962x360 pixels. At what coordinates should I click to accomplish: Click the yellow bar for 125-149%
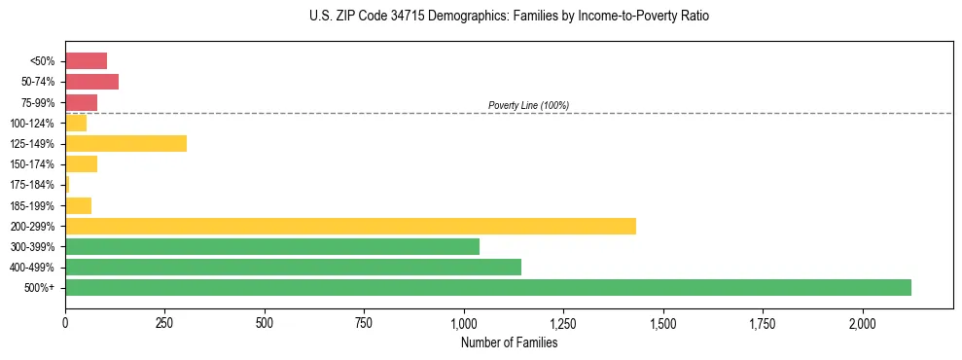coord(125,143)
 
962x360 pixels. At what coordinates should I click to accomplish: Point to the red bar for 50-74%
coord(91,82)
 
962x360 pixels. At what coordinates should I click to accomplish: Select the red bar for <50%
coord(86,60)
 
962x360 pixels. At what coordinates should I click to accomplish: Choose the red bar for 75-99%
coord(81,102)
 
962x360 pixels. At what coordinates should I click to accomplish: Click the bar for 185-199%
coord(78,205)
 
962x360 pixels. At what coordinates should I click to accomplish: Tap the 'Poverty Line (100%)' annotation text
coord(528,105)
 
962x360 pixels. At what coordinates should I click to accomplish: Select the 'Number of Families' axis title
coord(509,342)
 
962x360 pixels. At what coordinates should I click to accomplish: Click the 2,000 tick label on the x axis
coord(863,322)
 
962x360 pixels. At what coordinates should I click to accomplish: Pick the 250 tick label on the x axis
coord(164,322)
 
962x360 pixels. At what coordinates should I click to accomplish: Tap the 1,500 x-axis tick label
coord(663,322)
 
